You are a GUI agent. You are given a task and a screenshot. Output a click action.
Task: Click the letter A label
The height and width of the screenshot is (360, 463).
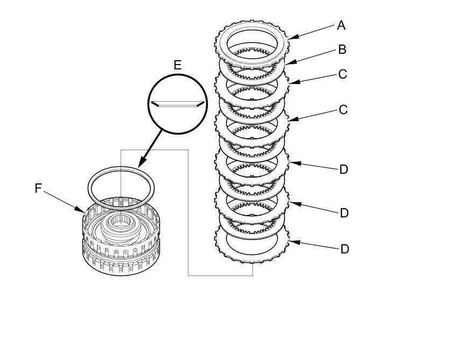tap(341, 25)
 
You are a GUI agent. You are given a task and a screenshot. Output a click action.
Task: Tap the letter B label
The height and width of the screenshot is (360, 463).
tap(342, 50)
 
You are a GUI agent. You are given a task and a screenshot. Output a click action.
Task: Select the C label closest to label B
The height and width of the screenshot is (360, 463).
tap(343, 74)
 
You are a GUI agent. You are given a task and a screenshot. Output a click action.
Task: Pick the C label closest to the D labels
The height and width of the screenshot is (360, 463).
tap(343, 110)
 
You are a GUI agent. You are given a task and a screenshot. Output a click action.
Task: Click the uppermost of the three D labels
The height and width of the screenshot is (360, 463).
tap(344, 170)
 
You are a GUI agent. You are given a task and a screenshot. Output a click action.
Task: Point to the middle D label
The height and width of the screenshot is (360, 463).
tap(344, 213)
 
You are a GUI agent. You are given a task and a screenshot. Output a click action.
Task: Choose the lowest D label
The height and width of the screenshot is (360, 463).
tap(344, 249)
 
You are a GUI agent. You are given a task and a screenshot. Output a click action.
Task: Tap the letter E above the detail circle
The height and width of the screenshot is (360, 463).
tap(177, 66)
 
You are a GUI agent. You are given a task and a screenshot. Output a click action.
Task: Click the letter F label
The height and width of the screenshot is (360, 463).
tap(38, 188)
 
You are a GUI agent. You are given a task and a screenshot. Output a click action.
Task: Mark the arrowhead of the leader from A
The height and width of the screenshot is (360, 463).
tap(291, 38)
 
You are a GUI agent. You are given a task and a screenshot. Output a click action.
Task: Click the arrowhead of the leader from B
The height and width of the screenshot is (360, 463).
tap(285, 64)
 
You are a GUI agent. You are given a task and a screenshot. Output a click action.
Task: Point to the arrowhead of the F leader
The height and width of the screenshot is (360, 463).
tap(83, 210)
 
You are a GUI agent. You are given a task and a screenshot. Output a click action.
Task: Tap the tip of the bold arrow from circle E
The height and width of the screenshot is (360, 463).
tap(139, 166)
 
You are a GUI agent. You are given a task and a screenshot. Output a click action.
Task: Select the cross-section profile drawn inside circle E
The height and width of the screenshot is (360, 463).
tap(177, 103)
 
